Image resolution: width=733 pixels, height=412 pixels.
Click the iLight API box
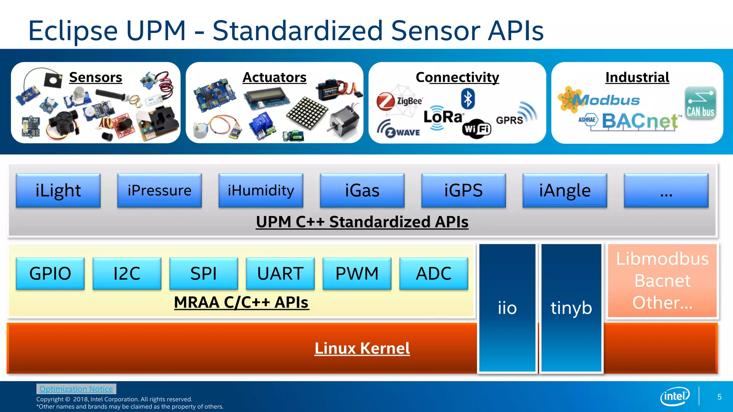[58, 190]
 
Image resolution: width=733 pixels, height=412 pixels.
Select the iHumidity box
[261, 190]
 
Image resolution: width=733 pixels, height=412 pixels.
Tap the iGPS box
[463, 190]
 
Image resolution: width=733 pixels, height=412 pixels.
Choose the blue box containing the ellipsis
[666, 190]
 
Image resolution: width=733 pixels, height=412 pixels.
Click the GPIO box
[50, 274]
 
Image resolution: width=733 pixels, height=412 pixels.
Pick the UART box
[280, 274]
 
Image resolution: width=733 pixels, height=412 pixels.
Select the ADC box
[433, 274]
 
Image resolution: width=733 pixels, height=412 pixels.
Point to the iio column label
[507, 308]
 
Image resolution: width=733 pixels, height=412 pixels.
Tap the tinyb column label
[571, 308]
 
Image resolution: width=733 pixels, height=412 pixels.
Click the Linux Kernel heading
[362, 348]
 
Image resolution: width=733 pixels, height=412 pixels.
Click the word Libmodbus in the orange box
[662, 259]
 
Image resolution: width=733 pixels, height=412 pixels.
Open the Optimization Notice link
[76, 389]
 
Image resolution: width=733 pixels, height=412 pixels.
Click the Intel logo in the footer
[675, 396]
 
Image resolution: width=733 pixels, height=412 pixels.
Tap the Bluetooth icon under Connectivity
[467, 99]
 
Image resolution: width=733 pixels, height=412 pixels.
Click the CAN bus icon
[700, 103]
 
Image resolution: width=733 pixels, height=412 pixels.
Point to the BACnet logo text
[640, 121]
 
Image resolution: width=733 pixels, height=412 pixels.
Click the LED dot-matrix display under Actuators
[307, 114]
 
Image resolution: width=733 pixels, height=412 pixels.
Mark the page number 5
[719, 397]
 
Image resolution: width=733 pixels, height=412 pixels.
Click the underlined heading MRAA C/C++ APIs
[241, 303]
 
